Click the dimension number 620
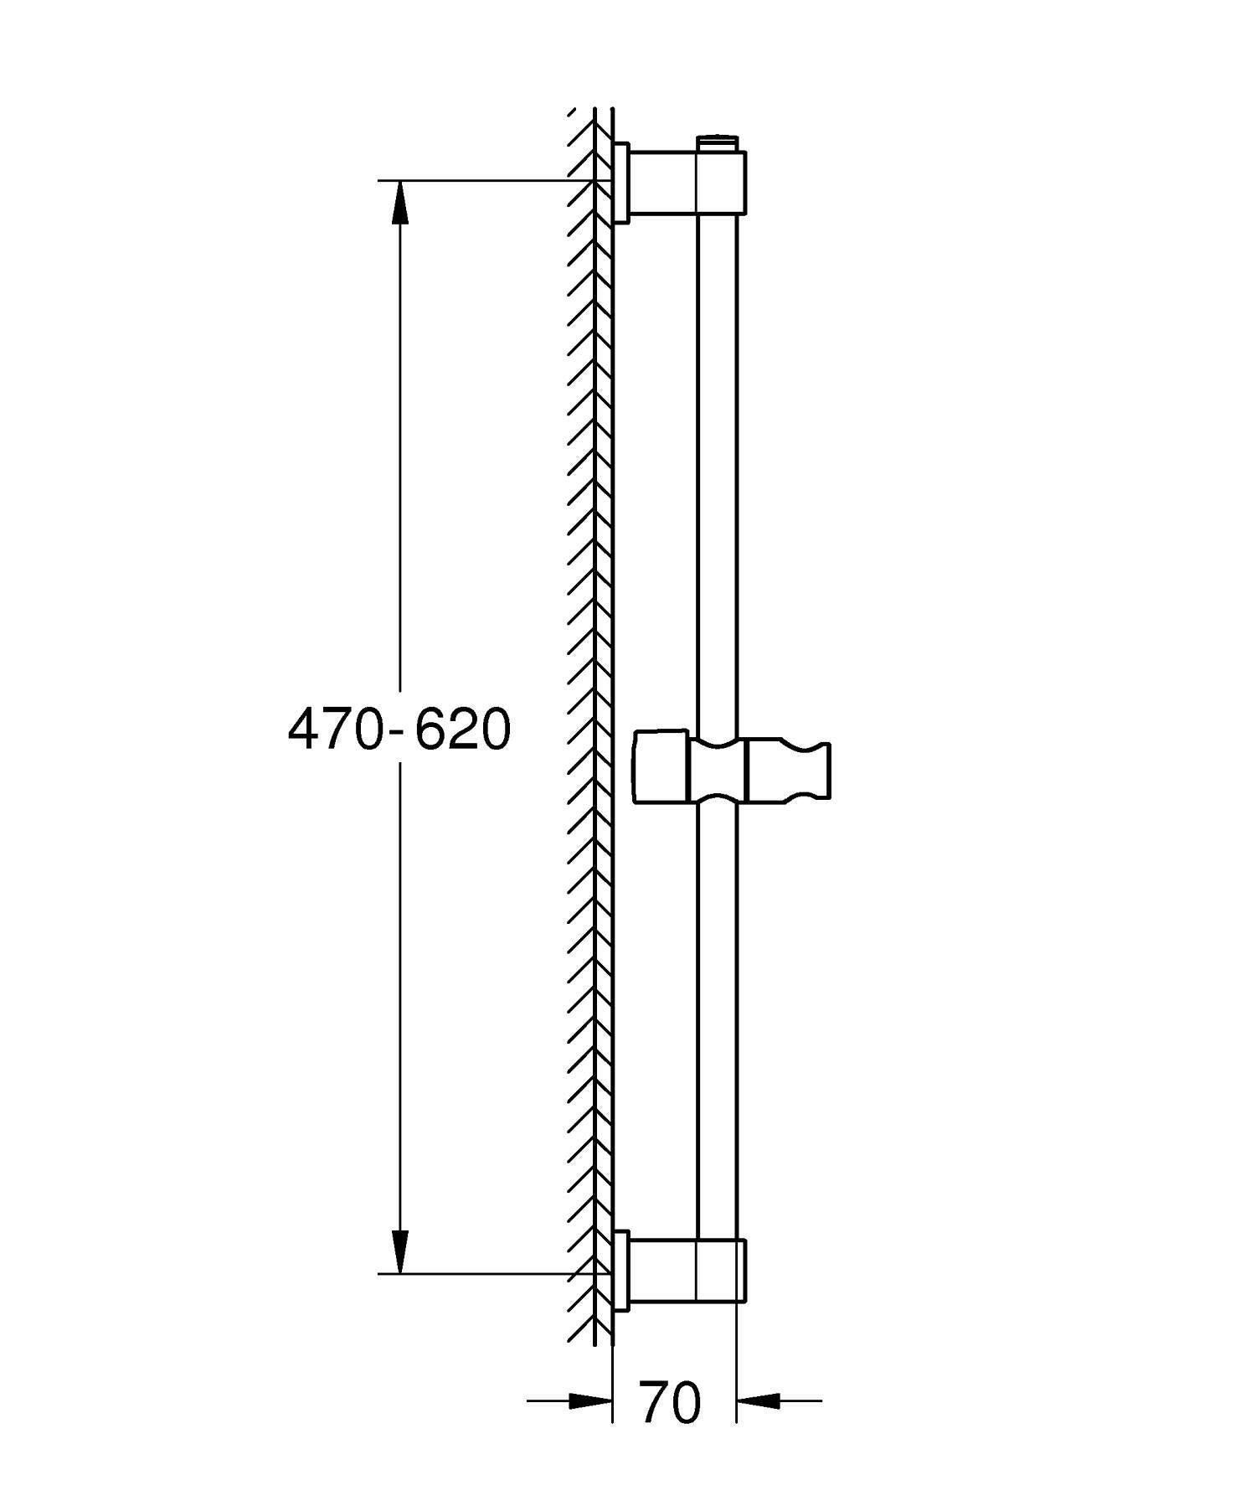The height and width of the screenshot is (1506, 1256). coord(463,729)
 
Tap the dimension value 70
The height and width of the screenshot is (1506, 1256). coord(670,1402)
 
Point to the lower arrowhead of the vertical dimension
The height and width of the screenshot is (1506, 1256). coord(401,1252)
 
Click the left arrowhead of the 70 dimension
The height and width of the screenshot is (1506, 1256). coord(590,1400)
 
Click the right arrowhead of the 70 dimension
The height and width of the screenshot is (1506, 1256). coord(757,1400)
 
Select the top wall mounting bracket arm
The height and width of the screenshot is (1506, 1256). coord(662,182)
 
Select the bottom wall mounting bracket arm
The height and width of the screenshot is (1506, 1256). coord(662,1271)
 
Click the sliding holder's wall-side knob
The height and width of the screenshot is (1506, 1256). coord(661,769)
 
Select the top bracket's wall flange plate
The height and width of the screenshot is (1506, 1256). coord(620,183)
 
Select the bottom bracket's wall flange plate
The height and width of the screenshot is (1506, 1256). coord(620,1271)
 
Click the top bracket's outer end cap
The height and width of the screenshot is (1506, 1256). coord(742,182)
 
